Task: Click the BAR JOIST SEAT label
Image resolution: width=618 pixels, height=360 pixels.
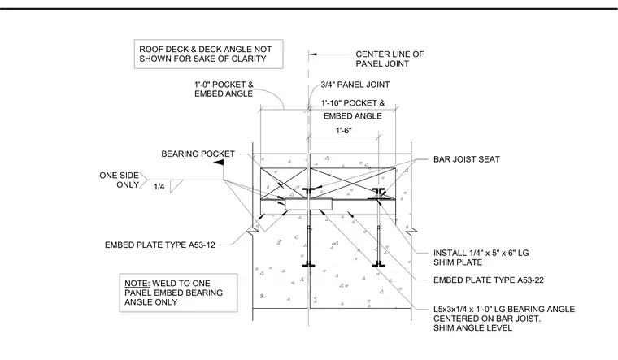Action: coord(467,159)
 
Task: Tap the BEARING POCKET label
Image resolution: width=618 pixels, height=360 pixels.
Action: coord(198,154)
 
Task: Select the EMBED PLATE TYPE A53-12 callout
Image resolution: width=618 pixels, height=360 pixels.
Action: coord(160,245)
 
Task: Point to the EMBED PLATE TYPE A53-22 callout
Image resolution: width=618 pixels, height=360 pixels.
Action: coord(489,280)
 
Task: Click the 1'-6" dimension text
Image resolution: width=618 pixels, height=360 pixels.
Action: coord(344,131)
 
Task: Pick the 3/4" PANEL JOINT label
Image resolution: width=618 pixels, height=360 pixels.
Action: coord(355,85)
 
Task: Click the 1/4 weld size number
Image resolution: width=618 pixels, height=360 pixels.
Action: coord(159,187)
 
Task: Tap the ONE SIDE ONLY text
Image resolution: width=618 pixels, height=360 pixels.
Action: coord(119,180)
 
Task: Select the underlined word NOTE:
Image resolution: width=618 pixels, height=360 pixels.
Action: coord(137,284)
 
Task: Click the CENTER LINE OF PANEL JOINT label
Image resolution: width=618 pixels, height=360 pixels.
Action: coord(390,59)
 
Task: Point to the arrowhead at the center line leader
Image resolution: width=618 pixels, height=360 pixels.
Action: coord(312,54)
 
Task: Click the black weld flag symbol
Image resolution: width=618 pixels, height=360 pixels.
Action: coord(219,163)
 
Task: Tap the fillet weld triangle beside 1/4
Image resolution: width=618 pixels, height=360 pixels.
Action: coord(175,185)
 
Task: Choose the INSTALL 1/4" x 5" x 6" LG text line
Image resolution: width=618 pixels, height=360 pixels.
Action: coord(481,253)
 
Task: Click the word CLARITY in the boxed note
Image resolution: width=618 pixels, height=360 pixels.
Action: coord(250,59)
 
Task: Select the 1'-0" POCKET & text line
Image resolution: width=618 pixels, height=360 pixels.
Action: coord(224,85)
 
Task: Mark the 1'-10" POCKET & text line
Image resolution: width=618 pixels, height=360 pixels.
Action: coord(353,103)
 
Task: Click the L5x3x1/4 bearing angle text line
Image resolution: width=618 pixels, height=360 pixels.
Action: coord(504,309)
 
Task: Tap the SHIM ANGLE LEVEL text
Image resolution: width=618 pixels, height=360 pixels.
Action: coord(473,328)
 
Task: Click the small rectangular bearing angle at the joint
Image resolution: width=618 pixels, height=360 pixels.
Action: coord(309,205)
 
